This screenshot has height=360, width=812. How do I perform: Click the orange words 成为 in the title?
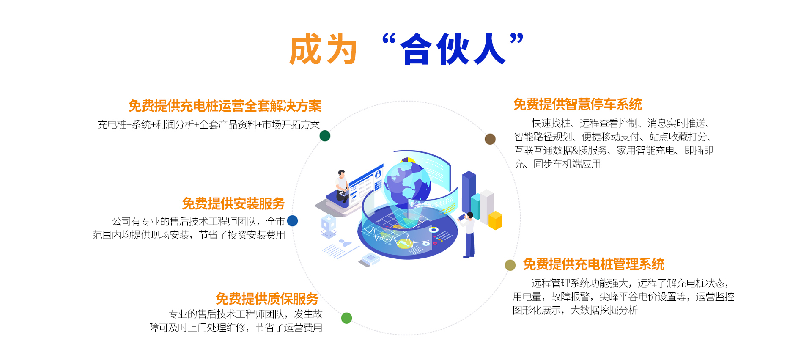point(324,49)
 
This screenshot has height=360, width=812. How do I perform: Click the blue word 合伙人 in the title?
point(453,49)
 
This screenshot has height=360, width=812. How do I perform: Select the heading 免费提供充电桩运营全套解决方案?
point(225,106)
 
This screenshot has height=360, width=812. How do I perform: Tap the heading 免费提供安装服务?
point(233,203)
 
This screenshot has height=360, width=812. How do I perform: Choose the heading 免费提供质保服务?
point(267,299)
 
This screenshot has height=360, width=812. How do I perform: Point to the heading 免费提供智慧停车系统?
point(578,104)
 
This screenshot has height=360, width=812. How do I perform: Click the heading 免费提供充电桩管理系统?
point(594,264)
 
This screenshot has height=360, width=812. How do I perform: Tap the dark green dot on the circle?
point(325,136)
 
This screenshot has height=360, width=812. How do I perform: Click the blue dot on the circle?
point(292,221)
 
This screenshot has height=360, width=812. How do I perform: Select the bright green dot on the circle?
point(346,318)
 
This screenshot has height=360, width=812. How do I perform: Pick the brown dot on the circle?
point(490,139)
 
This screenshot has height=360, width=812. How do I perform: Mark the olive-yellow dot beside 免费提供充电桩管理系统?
point(510,265)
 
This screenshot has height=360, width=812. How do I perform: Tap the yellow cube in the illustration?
point(495,220)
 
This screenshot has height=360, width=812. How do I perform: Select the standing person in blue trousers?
point(468,235)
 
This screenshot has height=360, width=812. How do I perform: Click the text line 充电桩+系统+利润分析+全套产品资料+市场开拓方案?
point(209,124)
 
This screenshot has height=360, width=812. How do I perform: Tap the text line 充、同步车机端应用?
point(557,164)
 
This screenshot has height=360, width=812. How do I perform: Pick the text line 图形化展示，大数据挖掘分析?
point(575,310)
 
